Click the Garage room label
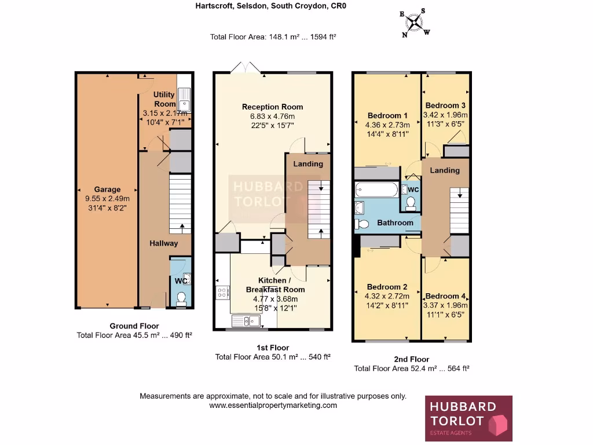[x=107, y=189]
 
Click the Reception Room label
[x=272, y=107]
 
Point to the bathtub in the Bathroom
[x=376, y=189]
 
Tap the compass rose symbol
[x=414, y=23]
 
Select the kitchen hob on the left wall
[x=222, y=293]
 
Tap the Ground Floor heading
[x=134, y=326]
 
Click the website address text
[x=273, y=406]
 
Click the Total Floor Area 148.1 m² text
[x=273, y=37]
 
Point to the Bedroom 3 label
[x=445, y=105]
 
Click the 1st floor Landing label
[x=308, y=164]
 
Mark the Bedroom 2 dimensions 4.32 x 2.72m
[x=387, y=296]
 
